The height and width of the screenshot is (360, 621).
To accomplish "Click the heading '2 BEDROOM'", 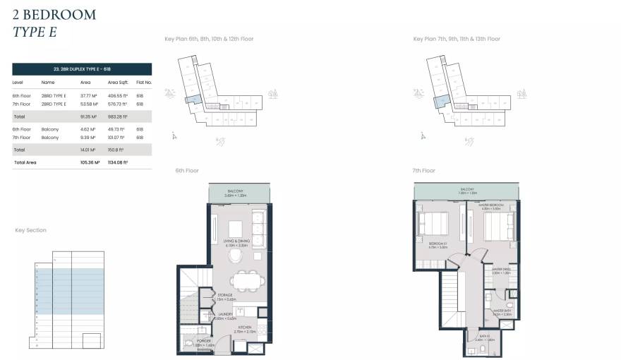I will (54, 14).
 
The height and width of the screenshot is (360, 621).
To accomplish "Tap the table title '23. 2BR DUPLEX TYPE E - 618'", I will (82, 69).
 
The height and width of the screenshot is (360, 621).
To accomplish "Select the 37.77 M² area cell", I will (88, 95).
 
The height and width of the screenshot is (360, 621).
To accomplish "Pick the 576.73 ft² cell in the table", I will (117, 104).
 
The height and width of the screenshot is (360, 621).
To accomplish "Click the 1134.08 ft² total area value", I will (117, 162).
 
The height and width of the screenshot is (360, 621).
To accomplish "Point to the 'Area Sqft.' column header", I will (118, 82).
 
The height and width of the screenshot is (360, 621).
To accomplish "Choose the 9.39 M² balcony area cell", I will (88, 138).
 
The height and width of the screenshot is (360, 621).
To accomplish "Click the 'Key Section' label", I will (31, 230).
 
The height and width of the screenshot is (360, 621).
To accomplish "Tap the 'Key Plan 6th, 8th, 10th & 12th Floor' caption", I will (208, 39).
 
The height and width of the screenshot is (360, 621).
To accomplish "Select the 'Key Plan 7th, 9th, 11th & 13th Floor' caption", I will (457, 39).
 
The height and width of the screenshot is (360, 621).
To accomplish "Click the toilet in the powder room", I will (188, 344).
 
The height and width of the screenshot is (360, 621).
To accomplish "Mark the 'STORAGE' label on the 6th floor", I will (225, 296).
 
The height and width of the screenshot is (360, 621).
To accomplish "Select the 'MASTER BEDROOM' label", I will (492, 205).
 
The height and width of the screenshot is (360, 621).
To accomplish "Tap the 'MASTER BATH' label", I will (502, 311).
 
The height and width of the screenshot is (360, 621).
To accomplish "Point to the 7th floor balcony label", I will (467, 190).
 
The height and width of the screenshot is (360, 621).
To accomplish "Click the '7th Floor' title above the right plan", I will (424, 171).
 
